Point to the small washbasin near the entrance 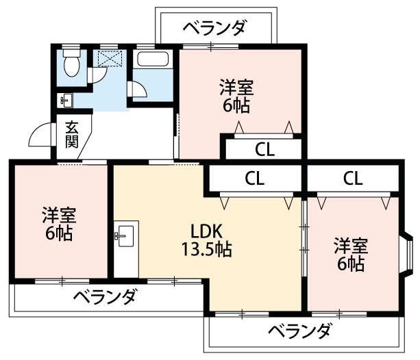click(x=66, y=101)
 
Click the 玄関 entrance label click(x=72, y=135)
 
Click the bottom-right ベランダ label click(x=299, y=332)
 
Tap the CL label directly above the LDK click(x=255, y=179)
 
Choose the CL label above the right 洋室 click(x=352, y=179)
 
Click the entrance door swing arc click(x=39, y=136)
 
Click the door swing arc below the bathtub click(x=138, y=90)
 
